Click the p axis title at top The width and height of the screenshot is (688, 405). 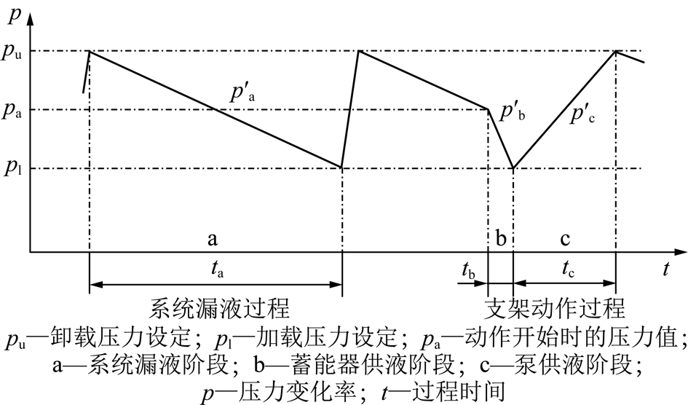[15, 16]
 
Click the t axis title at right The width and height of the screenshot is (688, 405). [665, 268]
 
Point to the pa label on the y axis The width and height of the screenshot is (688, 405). [12, 111]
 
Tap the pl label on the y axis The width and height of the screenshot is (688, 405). [12, 168]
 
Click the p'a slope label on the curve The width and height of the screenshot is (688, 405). [242, 93]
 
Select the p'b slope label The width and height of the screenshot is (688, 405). [513, 111]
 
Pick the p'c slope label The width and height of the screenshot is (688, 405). [582, 115]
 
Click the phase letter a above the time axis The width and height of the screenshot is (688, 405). [213, 239]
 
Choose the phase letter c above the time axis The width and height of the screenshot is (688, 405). [565, 239]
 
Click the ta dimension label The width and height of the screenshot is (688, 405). [217, 269]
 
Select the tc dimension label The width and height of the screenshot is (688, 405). [568, 269]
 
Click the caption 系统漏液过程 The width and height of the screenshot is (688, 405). [219, 308]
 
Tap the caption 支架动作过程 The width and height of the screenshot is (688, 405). [555, 308]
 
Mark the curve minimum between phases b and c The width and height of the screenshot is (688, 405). [513, 168]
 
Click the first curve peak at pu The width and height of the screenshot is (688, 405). [90, 51]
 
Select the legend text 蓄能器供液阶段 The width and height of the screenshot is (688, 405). [371, 365]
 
